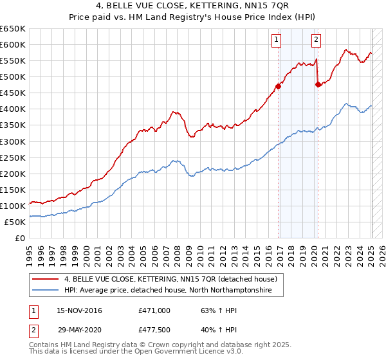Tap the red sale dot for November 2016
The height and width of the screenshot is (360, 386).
click(278, 85)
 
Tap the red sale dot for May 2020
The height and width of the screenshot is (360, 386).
click(318, 84)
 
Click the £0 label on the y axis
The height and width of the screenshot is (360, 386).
click(21, 238)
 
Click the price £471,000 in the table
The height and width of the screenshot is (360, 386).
click(154, 310)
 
